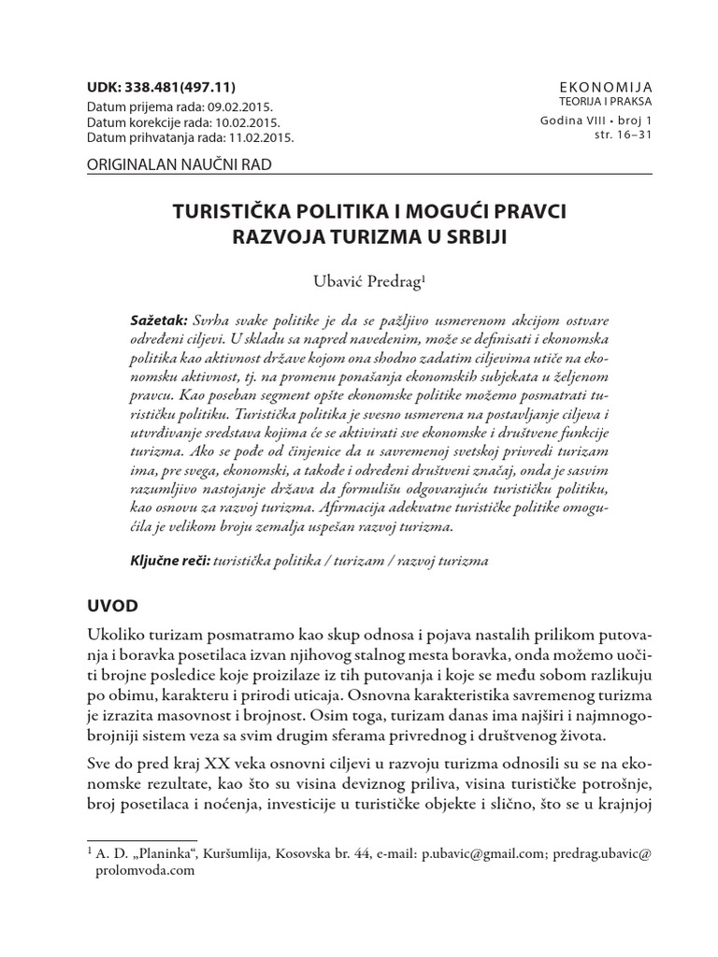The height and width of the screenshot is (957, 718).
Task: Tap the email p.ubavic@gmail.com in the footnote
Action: pos(478,851)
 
